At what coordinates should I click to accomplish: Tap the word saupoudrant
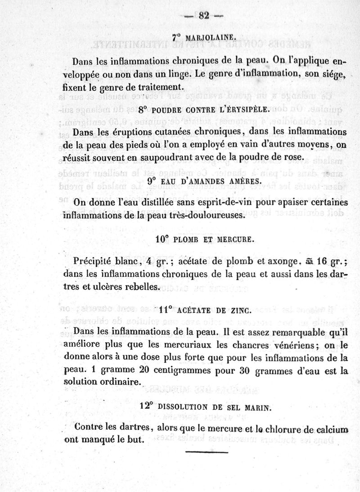pos(176,157)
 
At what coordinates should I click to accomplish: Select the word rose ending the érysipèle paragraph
pos(295,157)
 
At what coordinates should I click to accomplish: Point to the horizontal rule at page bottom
pos(207,451)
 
